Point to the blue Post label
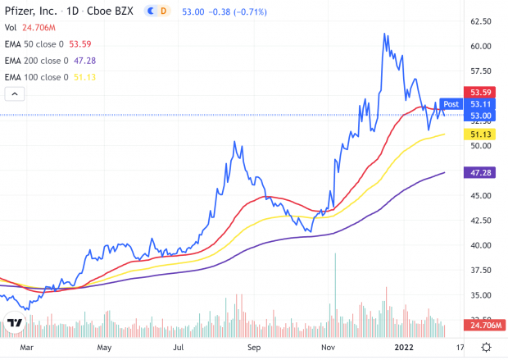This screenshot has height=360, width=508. tap(451, 104)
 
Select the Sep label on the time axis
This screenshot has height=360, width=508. tap(256, 347)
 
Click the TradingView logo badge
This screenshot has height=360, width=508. tap(14, 322)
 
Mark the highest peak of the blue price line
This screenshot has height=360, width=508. tap(384, 34)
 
